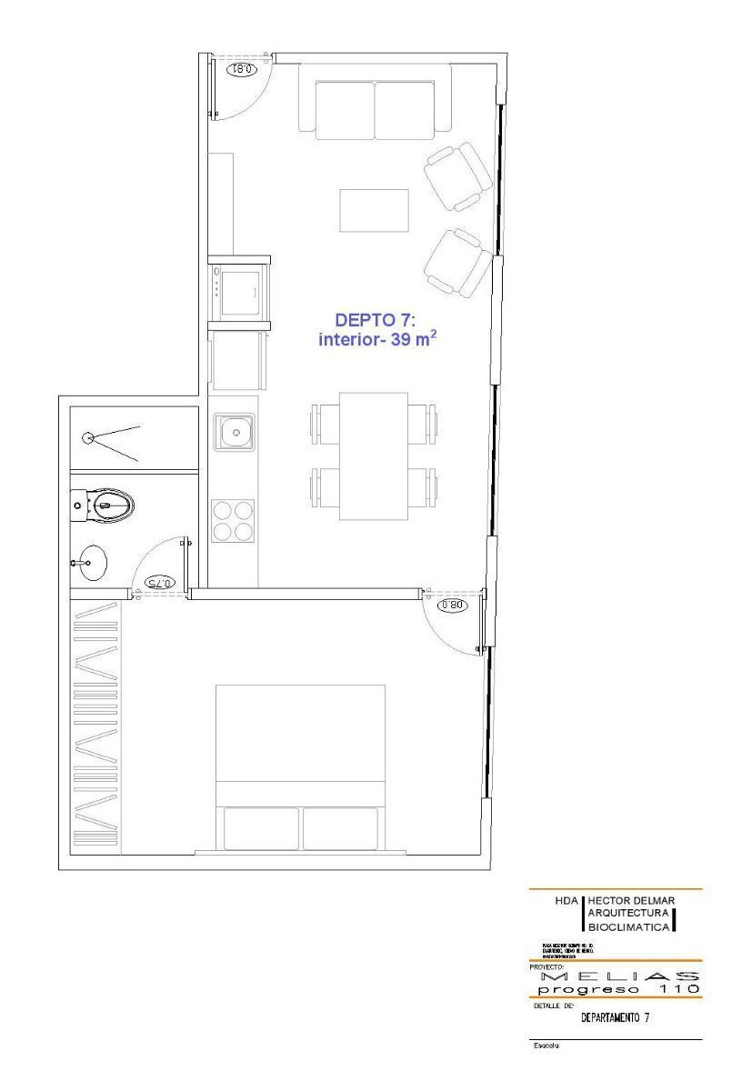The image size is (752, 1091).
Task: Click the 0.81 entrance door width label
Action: pos(245,68)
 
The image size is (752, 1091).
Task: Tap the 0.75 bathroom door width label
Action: pos(159,582)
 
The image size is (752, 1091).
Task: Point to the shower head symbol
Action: pos(88,437)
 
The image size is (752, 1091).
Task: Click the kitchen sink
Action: pos(235,432)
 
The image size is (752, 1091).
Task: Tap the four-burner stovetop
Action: pos(233,521)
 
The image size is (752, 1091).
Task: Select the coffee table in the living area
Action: pos(375,211)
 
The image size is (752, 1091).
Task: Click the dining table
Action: pos(374,456)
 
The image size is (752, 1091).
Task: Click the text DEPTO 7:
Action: pos(375,320)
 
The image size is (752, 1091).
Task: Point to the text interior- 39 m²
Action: pos(373,339)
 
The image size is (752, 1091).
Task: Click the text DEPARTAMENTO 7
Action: pos(615,1017)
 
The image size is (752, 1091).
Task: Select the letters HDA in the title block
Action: pos(567,900)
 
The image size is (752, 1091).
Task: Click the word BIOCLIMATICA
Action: pos(630,926)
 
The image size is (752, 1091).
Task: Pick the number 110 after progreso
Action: pos(674,988)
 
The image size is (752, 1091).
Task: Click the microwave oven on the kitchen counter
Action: pos(240,290)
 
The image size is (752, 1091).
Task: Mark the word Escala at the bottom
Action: pos(547,1046)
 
